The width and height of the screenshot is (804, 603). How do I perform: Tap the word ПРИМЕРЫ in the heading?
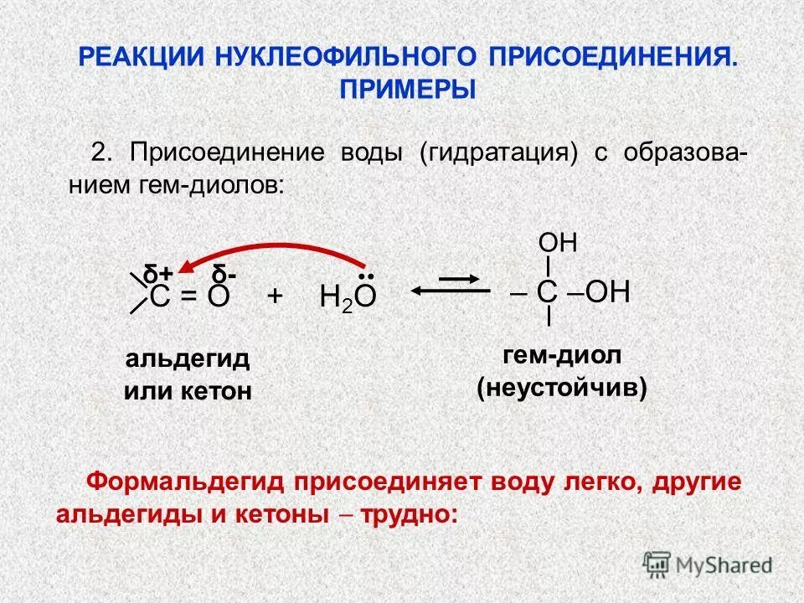(407, 89)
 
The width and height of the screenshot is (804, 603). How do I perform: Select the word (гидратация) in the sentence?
(499, 154)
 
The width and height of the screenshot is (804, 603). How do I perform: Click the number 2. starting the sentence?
(101, 154)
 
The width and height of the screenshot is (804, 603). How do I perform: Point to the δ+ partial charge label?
(158, 274)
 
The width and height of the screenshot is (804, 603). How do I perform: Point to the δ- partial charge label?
(224, 274)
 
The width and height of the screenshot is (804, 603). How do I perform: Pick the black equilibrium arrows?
(451, 285)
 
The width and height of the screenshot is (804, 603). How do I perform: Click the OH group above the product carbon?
(558, 244)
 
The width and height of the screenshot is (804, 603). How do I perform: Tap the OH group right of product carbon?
(608, 292)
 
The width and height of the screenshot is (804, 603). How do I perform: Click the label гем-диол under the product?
(562, 355)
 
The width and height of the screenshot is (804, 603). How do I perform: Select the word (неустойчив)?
(562, 388)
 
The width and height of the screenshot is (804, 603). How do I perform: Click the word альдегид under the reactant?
(188, 359)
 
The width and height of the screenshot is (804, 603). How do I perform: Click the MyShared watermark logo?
(708, 564)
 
